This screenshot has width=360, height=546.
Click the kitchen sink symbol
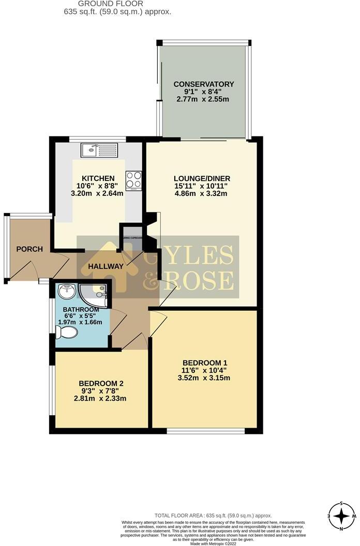point(99,151)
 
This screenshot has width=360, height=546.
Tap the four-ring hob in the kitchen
point(133,179)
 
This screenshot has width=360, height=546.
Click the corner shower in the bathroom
point(96,293)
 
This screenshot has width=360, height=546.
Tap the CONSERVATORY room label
point(204,84)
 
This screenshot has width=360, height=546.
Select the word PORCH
point(29,249)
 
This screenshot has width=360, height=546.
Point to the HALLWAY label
point(105,266)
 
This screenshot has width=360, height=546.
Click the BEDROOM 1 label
point(205,362)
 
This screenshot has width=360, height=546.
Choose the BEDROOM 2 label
point(101,383)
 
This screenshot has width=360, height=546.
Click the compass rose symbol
point(342,515)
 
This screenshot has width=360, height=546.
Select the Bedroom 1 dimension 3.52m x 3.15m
point(205,378)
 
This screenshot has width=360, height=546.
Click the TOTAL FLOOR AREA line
point(213,515)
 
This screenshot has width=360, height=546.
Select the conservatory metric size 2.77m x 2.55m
point(204,100)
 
